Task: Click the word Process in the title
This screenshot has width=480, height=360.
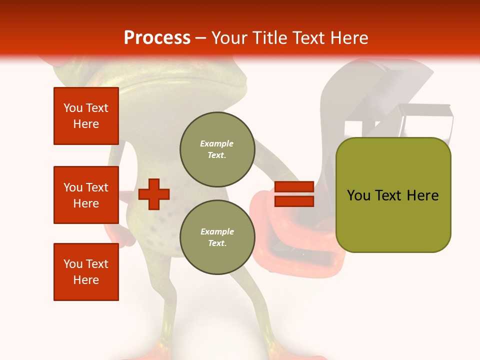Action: (x=157, y=38)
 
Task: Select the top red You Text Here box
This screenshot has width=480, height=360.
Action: (x=86, y=116)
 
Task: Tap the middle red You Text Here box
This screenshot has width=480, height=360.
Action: (x=86, y=195)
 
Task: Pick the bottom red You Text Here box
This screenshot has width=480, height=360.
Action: (x=86, y=272)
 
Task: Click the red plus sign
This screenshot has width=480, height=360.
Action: (x=154, y=193)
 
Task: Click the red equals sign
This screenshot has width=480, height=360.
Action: (x=294, y=194)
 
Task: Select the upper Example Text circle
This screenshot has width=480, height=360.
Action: (x=217, y=149)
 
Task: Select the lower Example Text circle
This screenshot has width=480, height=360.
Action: (x=217, y=237)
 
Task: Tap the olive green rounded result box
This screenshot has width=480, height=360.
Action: (x=393, y=220)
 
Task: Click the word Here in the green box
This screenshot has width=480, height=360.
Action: (x=422, y=195)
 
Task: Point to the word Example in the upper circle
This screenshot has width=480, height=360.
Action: (x=217, y=144)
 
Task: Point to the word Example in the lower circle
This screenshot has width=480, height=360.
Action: (x=217, y=232)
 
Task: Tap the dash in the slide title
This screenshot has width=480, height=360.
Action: (x=201, y=38)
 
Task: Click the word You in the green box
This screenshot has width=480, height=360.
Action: (x=358, y=195)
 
